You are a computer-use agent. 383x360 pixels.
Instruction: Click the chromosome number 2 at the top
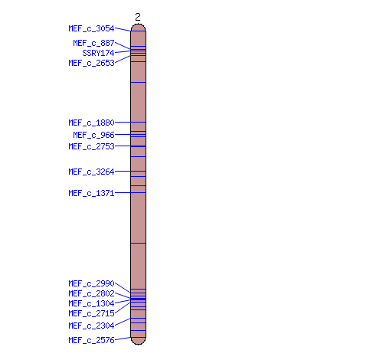138,17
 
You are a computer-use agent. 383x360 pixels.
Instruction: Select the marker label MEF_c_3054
91,28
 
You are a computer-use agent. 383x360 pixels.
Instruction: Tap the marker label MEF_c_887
93,43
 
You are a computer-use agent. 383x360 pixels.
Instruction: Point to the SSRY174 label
98,53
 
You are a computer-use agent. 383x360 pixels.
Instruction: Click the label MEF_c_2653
91,63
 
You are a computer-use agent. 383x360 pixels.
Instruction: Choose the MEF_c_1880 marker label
91,123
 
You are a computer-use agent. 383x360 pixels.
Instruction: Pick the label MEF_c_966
93,135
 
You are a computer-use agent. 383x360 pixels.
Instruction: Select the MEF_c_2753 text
91,146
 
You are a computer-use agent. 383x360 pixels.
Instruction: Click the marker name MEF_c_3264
91,172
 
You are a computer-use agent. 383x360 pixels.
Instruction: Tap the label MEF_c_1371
91,193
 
